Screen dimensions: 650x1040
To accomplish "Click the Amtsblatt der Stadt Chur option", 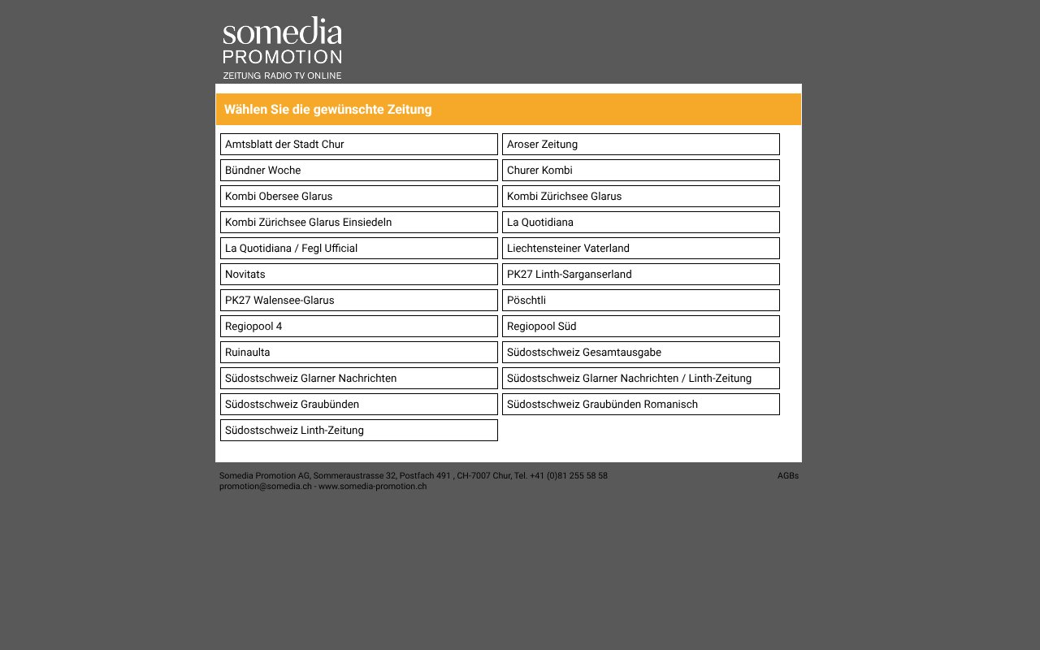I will coord(358,145).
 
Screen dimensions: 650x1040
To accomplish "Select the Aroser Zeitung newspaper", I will coord(640,145).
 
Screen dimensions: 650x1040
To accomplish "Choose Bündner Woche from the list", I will coord(358,171).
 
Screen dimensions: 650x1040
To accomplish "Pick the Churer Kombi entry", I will coord(640,171).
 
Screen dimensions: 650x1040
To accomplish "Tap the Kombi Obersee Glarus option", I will coord(358,197).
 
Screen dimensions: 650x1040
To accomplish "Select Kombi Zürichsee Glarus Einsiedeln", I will coord(358,223).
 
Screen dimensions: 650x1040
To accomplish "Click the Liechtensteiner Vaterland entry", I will coord(640,249).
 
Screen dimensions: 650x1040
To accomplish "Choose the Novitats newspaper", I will coord(358,275).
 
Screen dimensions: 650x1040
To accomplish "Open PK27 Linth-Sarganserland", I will coord(640,275).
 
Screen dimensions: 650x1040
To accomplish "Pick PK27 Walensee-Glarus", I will coord(358,301).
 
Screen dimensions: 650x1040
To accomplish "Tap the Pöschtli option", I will coord(640,301).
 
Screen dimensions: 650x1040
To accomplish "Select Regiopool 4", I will coord(358,327).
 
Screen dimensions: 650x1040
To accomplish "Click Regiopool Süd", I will coord(640,327).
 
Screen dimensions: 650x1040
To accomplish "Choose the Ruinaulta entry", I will coord(358,353).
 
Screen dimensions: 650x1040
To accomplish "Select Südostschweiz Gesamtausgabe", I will coord(640,353).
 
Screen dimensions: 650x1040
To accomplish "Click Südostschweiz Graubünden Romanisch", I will coord(640,405).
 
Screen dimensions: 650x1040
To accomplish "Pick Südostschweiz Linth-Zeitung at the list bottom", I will coord(358,431).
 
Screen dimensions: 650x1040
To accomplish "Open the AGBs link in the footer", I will coord(787,476).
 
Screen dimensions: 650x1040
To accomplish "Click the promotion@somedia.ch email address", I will coord(265,487).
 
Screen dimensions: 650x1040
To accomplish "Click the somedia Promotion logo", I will coord(282,48).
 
